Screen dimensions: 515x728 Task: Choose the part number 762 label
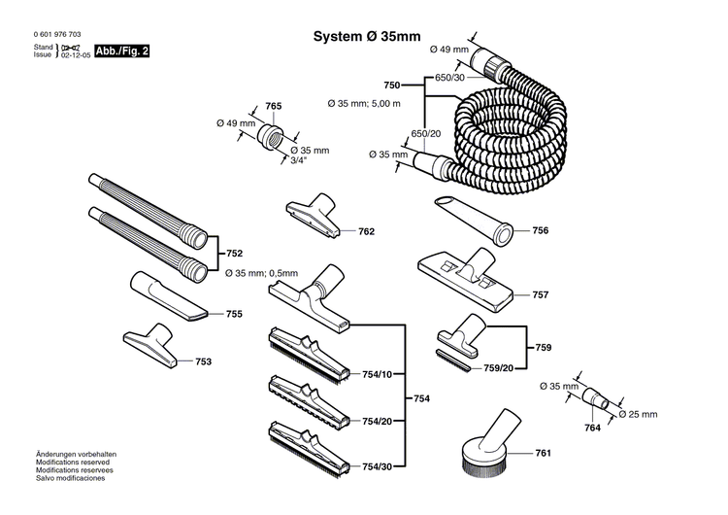click(x=366, y=232)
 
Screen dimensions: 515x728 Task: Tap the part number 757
click(x=541, y=293)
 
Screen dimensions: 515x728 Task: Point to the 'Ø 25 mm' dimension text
click(x=638, y=414)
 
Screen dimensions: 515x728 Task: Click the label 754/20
click(x=377, y=421)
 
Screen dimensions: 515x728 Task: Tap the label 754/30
click(x=377, y=466)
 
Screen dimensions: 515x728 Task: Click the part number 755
click(x=233, y=314)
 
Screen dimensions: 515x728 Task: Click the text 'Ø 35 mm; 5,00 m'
click(x=363, y=102)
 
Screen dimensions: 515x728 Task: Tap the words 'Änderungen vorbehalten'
click(x=77, y=455)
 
